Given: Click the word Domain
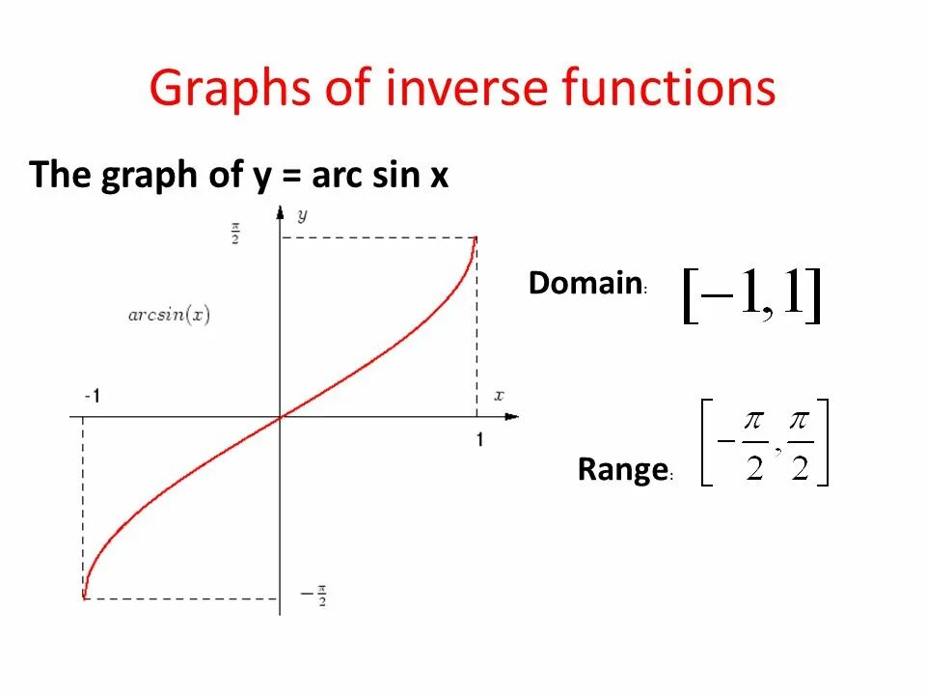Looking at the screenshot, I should pyautogui.click(x=586, y=284).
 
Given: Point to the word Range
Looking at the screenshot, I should pyautogui.click(x=622, y=470).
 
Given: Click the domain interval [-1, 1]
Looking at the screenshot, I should pyautogui.click(x=751, y=295).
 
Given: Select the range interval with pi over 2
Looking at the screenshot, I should pyautogui.click(x=765, y=443).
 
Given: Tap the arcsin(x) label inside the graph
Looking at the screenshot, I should pyautogui.click(x=170, y=315).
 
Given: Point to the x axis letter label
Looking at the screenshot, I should pyautogui.click(x=499, y=395).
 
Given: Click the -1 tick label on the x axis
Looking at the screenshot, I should pyautogui.click(x=93, y=396).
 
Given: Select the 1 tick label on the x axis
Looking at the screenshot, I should pyautogui.click(x=479, y=439).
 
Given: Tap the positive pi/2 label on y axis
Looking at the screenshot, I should pyautogui.click(x=234, y=235).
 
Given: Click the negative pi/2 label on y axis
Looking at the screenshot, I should pyautogui.click(x=313, y=596).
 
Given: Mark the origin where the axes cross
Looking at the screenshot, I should pyautogui.click(x=280, y=417).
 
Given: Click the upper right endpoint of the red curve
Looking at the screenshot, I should pyautogui.click(x=476, y=238).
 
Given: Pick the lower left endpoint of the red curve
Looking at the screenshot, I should pyautogui.click(x=84, y=598).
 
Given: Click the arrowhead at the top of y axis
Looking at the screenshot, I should pyautogui.click(x=280, y=209).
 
